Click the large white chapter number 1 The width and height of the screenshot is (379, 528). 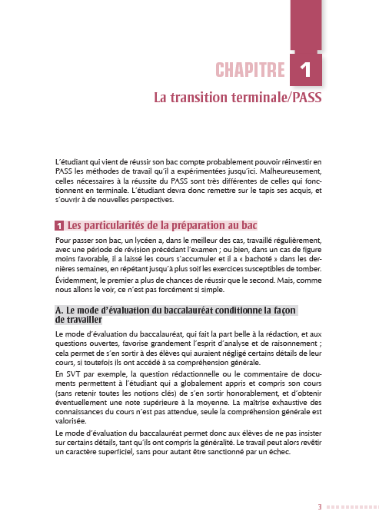[306, 71]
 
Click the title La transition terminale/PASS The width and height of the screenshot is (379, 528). [238, 99]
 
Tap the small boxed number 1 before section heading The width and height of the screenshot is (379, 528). [59, 227]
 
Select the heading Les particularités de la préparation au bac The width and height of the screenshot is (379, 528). [161, 226]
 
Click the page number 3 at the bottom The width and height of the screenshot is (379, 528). [320, 507]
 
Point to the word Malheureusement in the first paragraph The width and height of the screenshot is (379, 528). [288, 171]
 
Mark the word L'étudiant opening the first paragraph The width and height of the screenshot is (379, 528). [71, 161]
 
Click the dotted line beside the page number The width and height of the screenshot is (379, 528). [351, 507]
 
